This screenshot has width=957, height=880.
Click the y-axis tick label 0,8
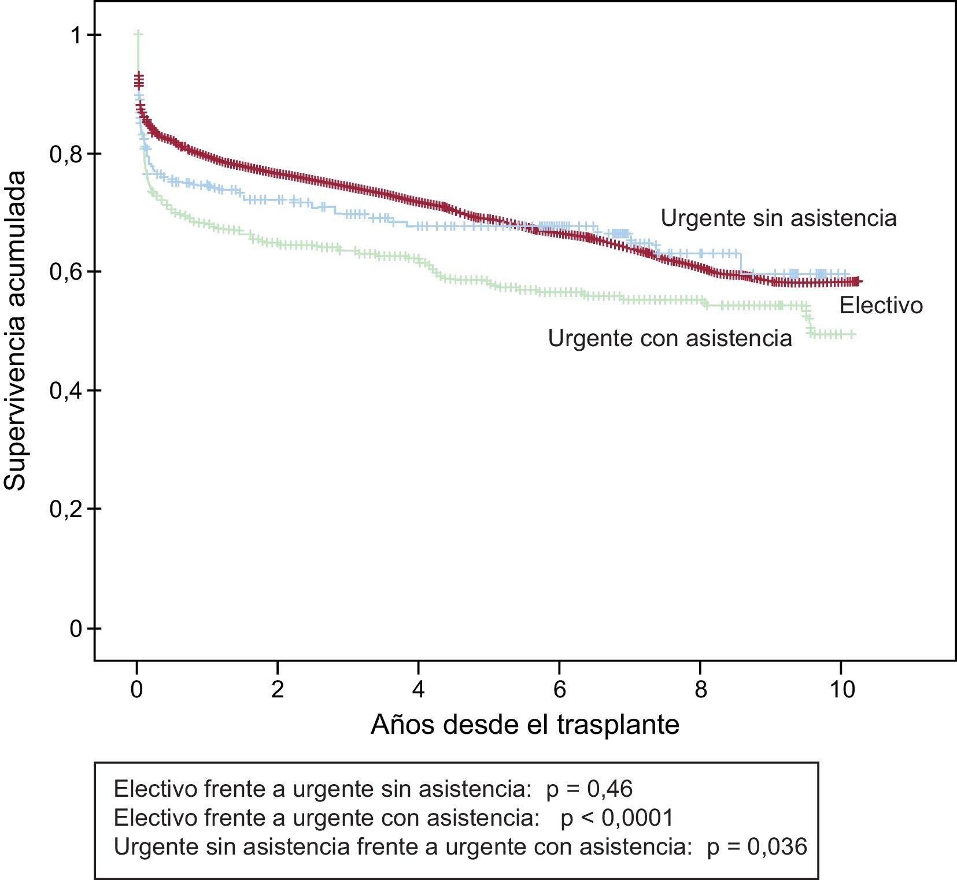66,154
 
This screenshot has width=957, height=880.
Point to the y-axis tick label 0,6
66,272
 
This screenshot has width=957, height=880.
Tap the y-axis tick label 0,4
66,391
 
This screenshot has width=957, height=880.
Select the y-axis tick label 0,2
66,510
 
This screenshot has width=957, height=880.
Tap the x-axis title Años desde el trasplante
524,725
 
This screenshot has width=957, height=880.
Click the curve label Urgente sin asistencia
778,218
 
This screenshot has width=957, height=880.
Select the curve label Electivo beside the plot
881,305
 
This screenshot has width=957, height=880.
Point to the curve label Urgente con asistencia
670,338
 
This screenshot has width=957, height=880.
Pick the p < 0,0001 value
617,818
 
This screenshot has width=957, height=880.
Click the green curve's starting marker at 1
138,35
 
